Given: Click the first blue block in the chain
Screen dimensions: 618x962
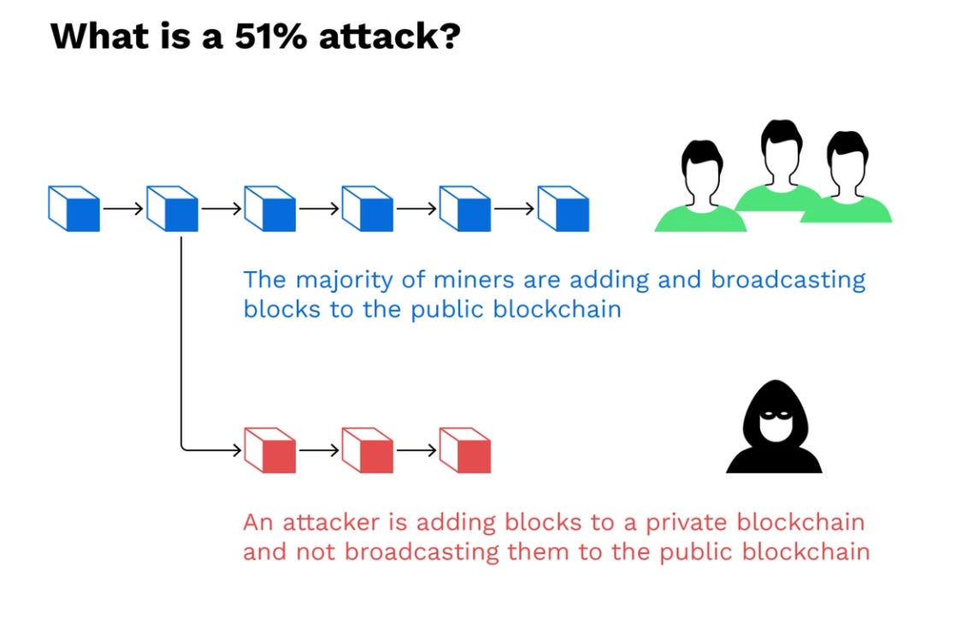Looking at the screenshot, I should click(x=74, y=208).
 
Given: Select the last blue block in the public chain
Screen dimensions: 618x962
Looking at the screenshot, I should click(x=563, y=208).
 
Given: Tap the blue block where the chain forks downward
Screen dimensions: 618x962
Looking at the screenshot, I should click(x=172, y=208).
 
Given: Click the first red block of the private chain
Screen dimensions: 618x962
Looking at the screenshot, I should click(x=269, y=449).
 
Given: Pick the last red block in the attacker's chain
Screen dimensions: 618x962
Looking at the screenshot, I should click(x=464, y=449).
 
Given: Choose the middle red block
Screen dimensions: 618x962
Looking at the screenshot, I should click(x=367, y=449).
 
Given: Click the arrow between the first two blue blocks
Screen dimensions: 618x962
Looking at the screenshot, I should click(x=122, y=208).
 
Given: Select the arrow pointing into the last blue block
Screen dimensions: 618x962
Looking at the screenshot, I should click(x=513, y=208).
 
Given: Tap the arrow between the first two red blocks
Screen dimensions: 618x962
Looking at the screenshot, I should click(x=318, y=449).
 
